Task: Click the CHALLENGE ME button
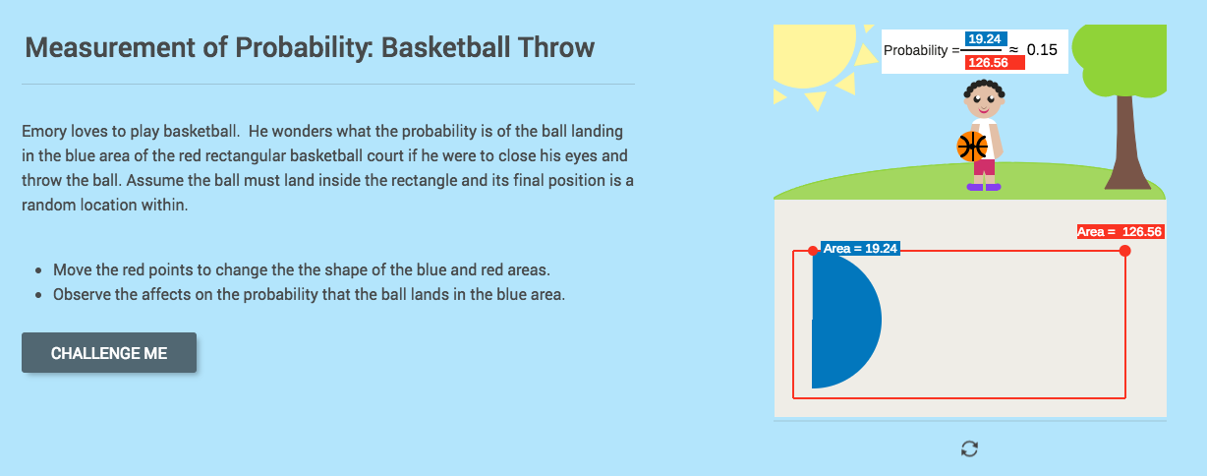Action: (109, 353)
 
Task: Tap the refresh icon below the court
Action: (969, 448)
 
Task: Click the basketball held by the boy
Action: (971, 147)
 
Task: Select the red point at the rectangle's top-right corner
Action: (1124, 251)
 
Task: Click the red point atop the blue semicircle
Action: (813, 251)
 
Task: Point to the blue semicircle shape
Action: (843, 320)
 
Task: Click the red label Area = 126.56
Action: (1120, 232)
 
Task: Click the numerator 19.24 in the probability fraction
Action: (984, 39)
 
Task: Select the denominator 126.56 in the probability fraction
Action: (995, 62)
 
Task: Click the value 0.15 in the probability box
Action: (1041, 49)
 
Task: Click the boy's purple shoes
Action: (983, 186)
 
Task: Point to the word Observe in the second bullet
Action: (81, 294)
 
